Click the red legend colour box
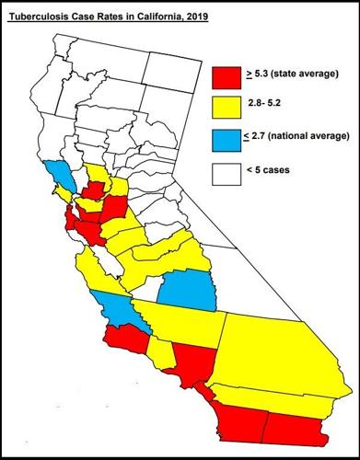pyautogui.click(x=226, y=76)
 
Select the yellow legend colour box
pyautogui.click(x=226, y=109)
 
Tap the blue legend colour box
pyautogui.click(x=226, y=141)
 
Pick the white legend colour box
pyautogui.click(x=226, y=173)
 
